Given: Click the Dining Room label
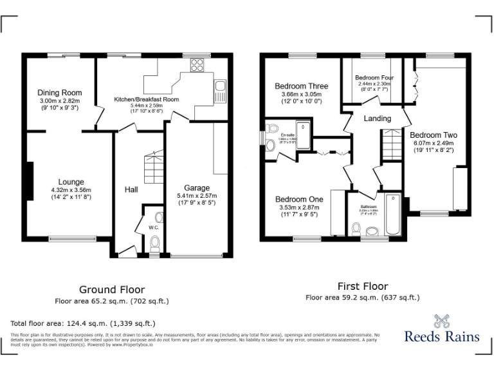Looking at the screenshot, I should tap(59, 93).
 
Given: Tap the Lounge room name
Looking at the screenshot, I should tap(71, 182).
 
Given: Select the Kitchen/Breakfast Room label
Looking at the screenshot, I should tap(146, 99).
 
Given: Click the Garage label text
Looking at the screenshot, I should tap(197, 188).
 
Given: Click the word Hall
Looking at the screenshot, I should tap(131, 189).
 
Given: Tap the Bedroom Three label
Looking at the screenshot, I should tap(301, 86).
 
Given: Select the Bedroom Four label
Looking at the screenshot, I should tap(374, 77).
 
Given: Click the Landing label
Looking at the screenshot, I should tap(377, 119).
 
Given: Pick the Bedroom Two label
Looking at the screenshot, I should tap(434, 135).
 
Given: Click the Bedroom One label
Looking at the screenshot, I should tap(299, 199).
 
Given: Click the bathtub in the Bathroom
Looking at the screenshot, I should tap(392, 214).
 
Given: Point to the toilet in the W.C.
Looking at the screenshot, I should tap(154, 243).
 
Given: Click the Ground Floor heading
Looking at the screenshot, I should tap(111, 290).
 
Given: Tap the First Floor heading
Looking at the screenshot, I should tap(362, 286).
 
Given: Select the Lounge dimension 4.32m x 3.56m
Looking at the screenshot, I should tap(71, 190).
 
